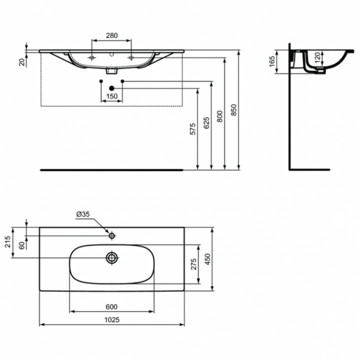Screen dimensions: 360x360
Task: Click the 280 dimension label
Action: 112,35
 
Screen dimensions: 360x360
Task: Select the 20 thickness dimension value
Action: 22,61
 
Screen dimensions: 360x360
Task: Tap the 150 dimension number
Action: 112,97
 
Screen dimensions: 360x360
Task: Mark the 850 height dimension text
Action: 234,110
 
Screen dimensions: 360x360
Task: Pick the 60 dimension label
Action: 22,245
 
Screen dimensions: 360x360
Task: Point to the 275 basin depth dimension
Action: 193,263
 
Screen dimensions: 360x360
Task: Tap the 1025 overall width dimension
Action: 112,320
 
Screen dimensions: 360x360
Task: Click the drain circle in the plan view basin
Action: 112,258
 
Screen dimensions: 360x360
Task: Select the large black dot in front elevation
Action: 112,89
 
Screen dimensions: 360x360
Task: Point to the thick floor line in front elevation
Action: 112,170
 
